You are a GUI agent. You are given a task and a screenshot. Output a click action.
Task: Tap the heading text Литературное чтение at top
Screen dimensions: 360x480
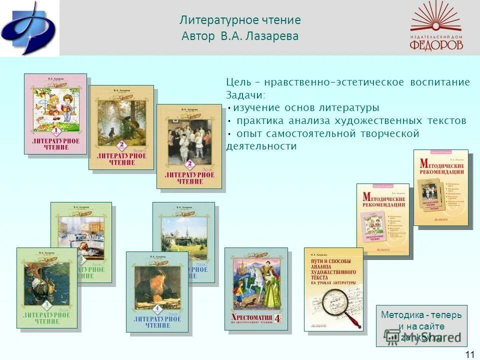pos(240,20)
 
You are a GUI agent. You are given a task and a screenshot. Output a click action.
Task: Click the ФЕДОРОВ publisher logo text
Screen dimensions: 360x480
pos(436,44)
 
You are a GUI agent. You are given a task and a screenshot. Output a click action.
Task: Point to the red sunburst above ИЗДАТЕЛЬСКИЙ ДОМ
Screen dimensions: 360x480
pos(436,18)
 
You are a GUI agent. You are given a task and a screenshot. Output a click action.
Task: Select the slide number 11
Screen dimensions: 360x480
pos(469,354)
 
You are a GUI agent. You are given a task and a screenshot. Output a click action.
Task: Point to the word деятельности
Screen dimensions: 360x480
pos(261,146)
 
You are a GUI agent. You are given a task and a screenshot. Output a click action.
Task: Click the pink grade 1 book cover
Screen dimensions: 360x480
pos(55,114)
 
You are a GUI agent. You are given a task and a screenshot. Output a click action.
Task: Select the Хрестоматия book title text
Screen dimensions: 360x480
pos(252,317)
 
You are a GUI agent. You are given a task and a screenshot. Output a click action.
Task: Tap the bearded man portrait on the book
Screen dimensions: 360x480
pos(156,289)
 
